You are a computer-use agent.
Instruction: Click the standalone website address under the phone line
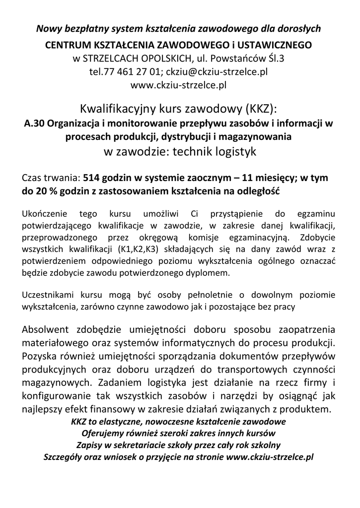(178, 84)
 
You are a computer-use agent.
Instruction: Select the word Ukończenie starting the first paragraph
(44, 214)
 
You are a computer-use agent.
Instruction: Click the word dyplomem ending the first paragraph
(212, 273)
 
